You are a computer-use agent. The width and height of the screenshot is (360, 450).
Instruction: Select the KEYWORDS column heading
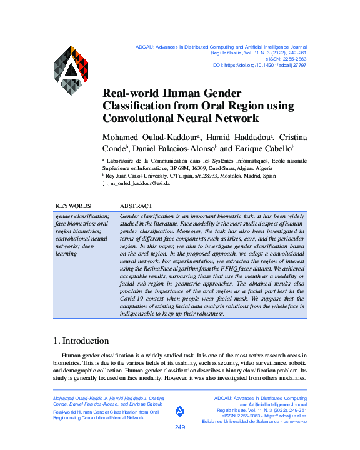(x=73, y=206)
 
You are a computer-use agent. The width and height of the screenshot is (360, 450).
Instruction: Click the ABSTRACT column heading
(x=136, y=206)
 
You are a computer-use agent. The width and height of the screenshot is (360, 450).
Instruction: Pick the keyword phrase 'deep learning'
(x=66, y=251)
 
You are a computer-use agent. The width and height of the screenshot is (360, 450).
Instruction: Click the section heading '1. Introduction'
(x=82, y=341)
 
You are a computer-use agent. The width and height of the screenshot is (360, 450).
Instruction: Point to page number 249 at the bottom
(x=180, y=427)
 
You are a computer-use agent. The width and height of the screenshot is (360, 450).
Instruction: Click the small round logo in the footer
(x=180, y=411)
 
